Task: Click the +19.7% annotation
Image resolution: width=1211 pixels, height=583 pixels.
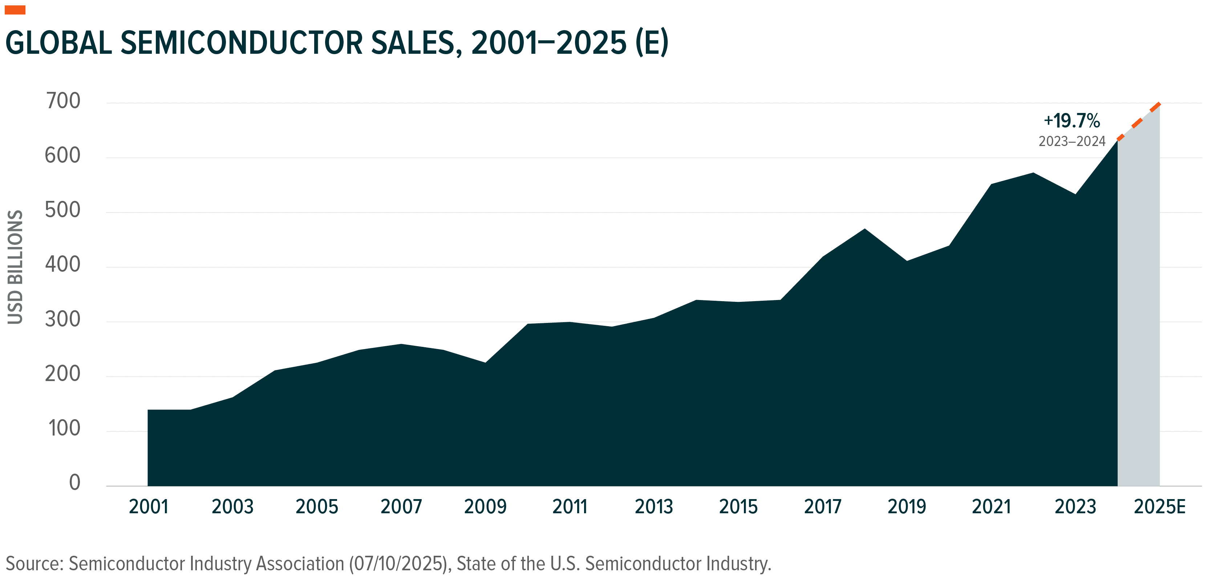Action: tap(1072, 121)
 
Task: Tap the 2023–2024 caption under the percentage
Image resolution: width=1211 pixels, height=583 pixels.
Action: tap(1072, 142)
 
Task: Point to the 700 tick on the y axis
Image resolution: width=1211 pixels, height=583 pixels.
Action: tap(63, 101)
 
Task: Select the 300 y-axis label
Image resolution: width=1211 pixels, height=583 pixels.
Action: tap(63, 320)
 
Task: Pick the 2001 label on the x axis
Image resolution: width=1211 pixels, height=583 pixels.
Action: tap(148, 507)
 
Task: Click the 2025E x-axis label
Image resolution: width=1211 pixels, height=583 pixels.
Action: tap(1159, 507)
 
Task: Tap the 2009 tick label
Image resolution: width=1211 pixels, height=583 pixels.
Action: tap(485, 507)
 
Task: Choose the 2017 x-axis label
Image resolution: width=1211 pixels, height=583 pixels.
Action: tap(822, 507)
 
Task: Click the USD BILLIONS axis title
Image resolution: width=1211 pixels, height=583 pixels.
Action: tap(15, 267)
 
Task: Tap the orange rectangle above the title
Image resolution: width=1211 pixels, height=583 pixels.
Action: tap(15, 10)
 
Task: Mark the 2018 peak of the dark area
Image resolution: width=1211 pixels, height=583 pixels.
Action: tap(864, 230)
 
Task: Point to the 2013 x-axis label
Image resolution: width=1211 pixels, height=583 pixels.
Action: tap(653, 507)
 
